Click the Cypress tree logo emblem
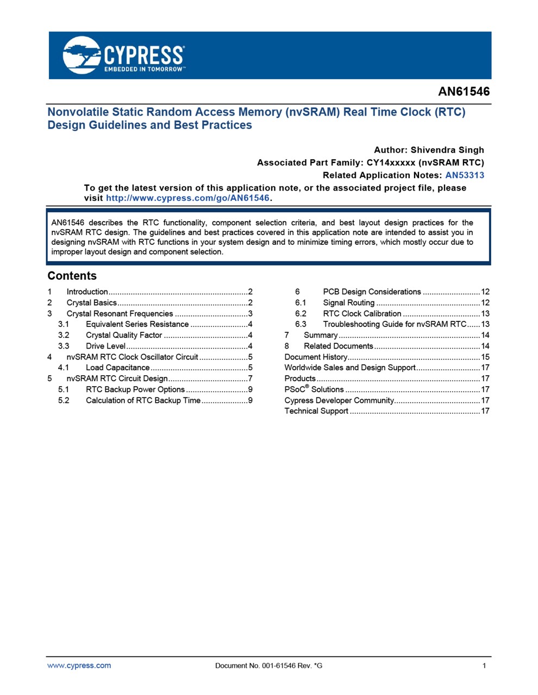(82, 55)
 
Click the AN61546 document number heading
(464, 92)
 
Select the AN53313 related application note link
(464, 175)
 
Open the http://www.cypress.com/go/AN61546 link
(187, 198)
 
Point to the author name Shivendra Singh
(447, 150)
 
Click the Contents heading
(72, 276)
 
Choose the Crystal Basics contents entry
(91, 303)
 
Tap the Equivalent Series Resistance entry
(137, 325)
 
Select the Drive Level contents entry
(105, 346)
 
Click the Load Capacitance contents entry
(117, 368)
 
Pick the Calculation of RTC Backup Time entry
(143, 401)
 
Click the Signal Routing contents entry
(348, 303)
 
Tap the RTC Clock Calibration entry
(362, 314)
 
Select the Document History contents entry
(316, 357)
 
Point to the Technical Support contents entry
(316, 411)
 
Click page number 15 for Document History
(485, 357)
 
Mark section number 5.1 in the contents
(64, 390)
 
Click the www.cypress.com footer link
(79, 666)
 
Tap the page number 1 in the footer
(484, 666)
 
